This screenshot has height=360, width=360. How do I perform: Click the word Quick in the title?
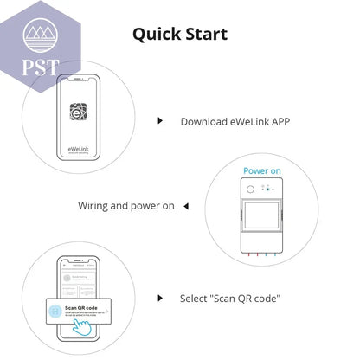[154, 34]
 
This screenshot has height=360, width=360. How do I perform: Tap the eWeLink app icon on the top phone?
[81, 112]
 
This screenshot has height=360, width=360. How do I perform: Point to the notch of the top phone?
[81, 80]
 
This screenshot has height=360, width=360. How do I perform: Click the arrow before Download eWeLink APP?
[160, 121]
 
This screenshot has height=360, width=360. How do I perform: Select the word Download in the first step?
[203, 121]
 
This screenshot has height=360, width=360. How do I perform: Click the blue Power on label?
[261, 170]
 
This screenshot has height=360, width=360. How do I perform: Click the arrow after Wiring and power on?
[184, 206]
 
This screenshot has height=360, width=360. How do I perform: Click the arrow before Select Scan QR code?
[160, 298]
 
